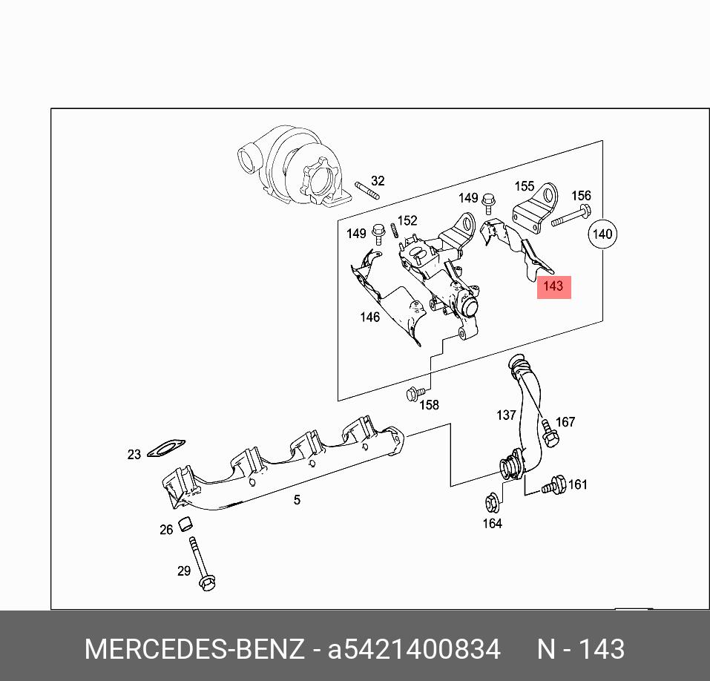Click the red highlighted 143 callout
pyautogui.click(x=553, y=286)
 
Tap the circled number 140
pyautogui.click(x=602, y=234)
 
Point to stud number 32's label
pyautogui.click(x=378, y=180)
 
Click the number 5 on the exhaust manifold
pyautogui.click(x=297, y=500)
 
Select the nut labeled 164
pyautogui.click(x=491, y=504)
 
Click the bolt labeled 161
pyautogui.click(x=553, y=487)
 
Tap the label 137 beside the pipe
pyautogui.click(x=506, y=415)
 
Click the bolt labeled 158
pyautogui.click(x=415, y=393)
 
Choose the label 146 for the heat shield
pyautogui.click(x=369, y=318)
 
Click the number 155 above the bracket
pyautogui.click(x=525, y=187)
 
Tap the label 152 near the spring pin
pyautogui.click(x=407, y=220)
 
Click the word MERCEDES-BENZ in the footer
pyautogui.click(x=194, y=649)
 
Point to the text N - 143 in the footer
pyautogui.click(x=580, y=649)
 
